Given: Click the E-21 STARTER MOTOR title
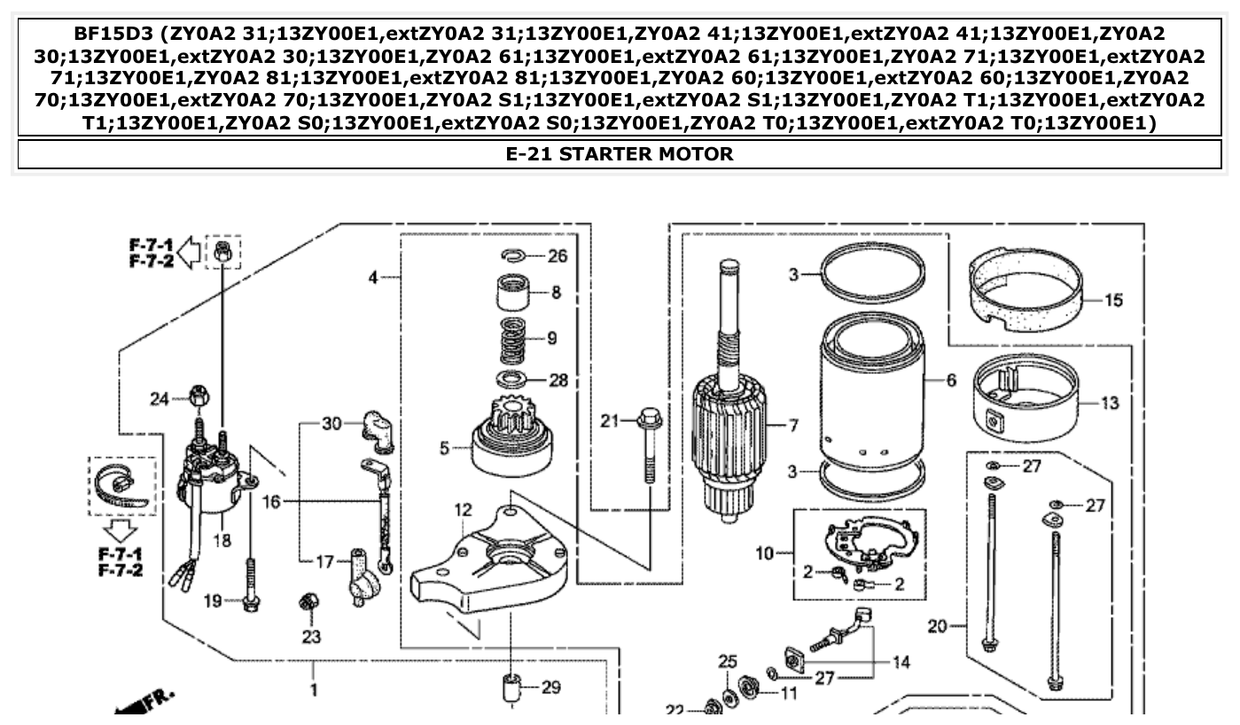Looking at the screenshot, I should [620, 154].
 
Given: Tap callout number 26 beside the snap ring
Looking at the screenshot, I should [557, 257].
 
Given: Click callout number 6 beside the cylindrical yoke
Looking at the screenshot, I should [951, 380].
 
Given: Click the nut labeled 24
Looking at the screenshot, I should [198, 398].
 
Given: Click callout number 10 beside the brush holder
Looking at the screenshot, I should [764, 554].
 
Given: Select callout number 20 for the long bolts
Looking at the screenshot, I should [938, 627].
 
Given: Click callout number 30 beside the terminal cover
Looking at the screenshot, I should [331, 424].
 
